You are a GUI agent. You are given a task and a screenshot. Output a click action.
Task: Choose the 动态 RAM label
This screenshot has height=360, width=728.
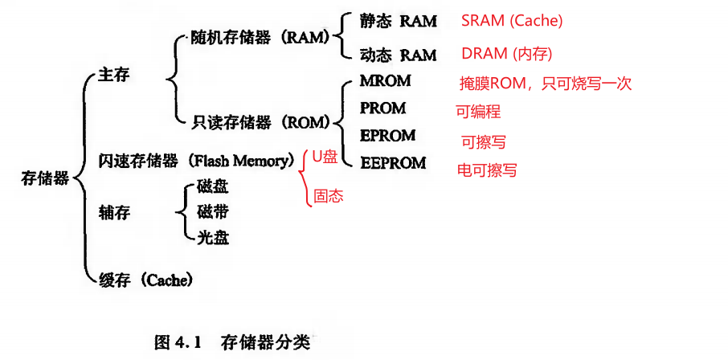point(399,55)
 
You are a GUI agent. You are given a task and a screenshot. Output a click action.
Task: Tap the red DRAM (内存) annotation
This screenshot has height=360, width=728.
point(507,54)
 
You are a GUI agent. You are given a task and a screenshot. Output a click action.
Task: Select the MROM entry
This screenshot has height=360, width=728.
point(386,81)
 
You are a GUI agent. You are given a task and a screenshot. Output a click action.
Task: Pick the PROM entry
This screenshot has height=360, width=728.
point(383,108)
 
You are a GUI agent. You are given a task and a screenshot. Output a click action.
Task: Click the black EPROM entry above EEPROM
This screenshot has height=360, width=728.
point(388,135)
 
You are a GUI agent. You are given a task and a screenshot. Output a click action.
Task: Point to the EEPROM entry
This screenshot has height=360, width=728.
point(393,162)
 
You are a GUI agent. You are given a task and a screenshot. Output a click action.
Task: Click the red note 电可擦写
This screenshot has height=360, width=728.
point(486,170)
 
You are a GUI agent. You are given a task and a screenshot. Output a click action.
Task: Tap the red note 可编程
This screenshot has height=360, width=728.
point(478,112)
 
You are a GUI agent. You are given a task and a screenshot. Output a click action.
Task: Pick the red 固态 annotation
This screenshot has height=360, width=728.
point(328,195)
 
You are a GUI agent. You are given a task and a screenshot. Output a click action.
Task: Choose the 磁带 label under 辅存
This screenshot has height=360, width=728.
point(212,212)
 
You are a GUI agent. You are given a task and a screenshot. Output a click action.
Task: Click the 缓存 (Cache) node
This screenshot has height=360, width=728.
point(145,280)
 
